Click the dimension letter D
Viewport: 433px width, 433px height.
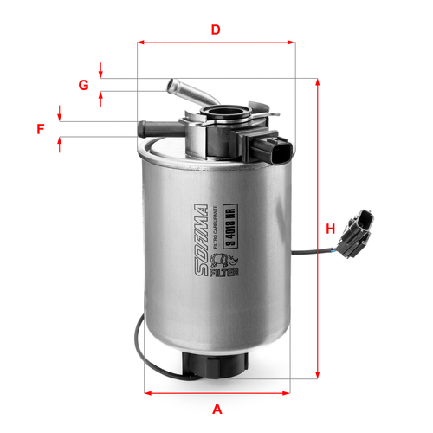pyautogui.click(x=216, y=29)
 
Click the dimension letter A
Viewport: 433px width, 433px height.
pyautogui.click(x=216, y=409)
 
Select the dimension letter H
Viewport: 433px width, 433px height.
pyautogui.click(x=331, y=229)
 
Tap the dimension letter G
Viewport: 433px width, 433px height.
pyautogui.click(x=84, y=85)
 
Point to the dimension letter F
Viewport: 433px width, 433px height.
pyautogui.click(x=41, y=130)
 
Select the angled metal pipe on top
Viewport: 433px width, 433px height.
pyautogui.click(x=182, y=89)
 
